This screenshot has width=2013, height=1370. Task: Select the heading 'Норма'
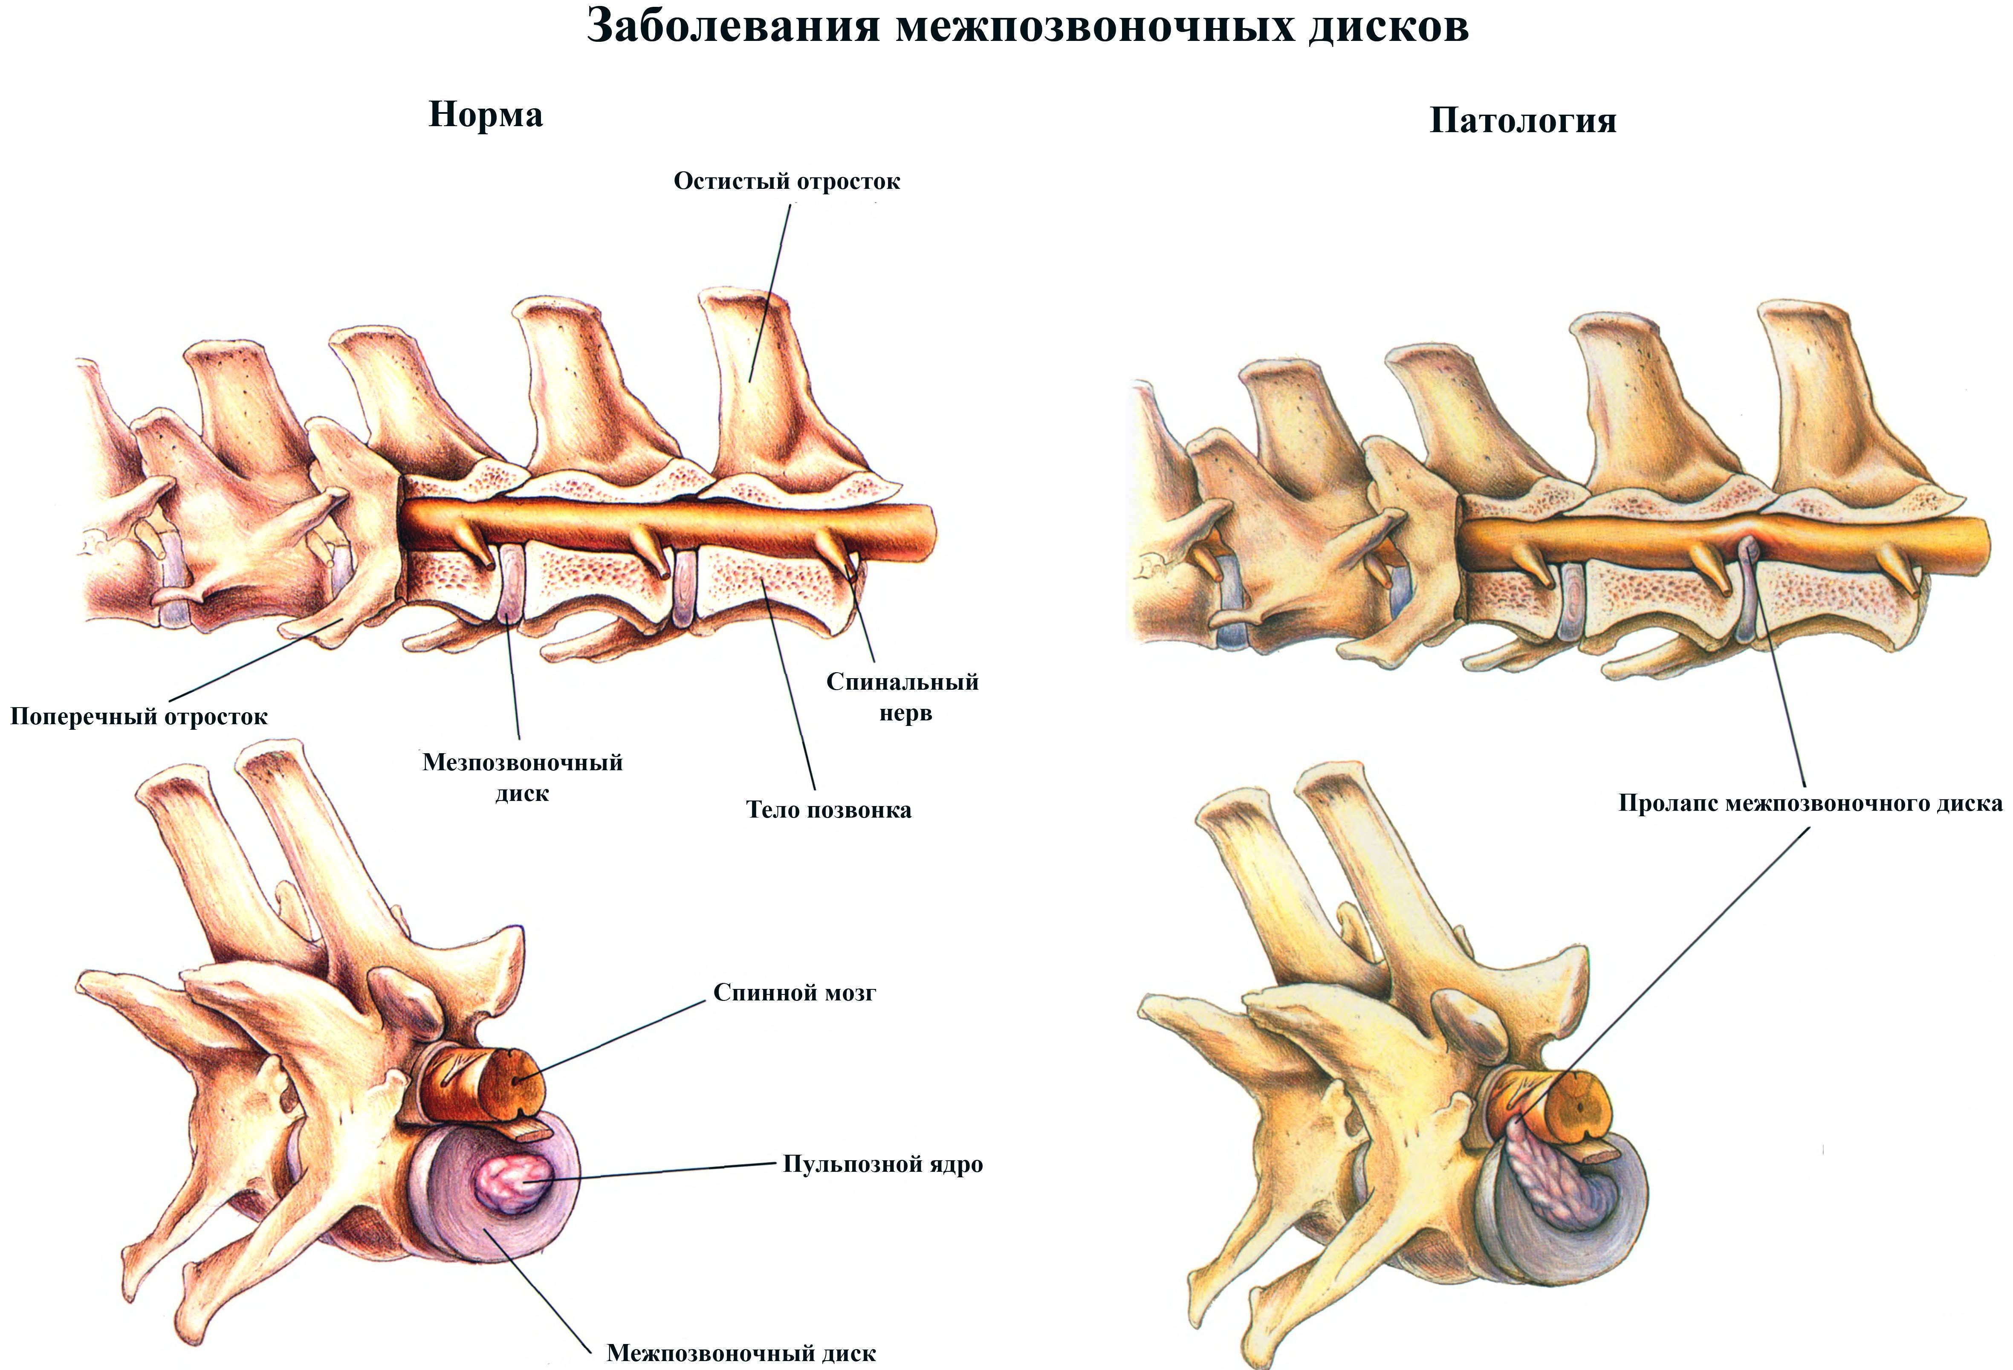point(486,115)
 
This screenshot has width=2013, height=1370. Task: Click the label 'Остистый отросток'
point(787,181)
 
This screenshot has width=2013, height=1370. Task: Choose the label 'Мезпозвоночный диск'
point(522,777)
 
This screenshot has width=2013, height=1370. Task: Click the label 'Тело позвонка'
point(829,810)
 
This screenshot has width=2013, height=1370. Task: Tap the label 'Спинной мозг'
point(794,992)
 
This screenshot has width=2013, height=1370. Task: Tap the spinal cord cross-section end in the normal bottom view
point(518,1083)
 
